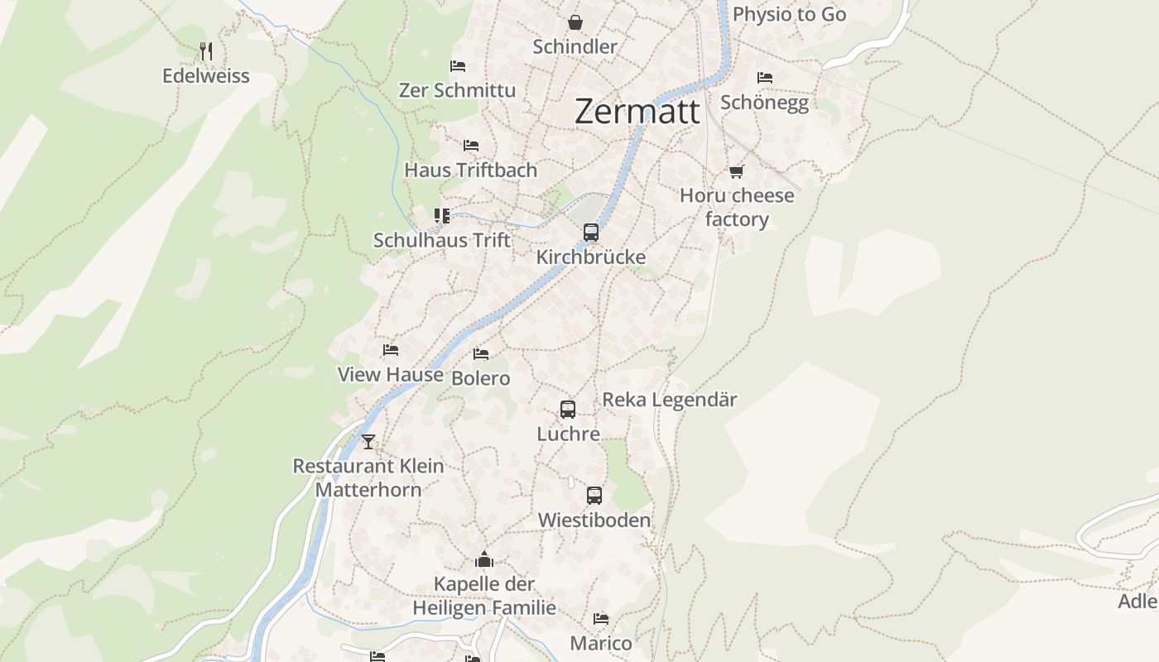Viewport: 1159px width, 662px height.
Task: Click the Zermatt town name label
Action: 637,111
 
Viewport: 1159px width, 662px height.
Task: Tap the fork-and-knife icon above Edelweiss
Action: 206,51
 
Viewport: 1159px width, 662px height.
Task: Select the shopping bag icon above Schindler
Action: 575,22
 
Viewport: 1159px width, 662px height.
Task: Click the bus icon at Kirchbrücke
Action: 590,233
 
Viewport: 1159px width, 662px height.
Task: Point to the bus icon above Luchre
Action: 568,409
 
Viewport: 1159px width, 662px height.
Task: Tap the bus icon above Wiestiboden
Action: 594,496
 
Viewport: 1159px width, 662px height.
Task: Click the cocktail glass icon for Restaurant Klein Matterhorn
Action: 368,441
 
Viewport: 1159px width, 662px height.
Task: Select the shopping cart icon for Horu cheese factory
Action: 736,171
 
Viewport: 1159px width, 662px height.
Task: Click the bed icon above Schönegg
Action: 764,78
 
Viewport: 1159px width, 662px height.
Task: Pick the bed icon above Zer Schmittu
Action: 457,66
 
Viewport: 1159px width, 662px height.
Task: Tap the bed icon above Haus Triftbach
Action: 471,146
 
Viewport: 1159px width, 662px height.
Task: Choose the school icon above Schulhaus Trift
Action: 442,216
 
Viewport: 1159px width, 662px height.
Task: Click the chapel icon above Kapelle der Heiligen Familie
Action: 484,560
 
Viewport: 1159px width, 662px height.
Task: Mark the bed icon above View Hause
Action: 391,350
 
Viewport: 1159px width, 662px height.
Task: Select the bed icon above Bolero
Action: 481,354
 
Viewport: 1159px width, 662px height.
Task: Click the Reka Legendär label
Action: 669,400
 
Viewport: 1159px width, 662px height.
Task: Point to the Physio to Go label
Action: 789,14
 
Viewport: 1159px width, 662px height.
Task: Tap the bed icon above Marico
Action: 601,619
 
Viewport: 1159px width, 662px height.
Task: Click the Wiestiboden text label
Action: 594,520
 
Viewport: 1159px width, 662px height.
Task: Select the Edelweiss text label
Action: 205,75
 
